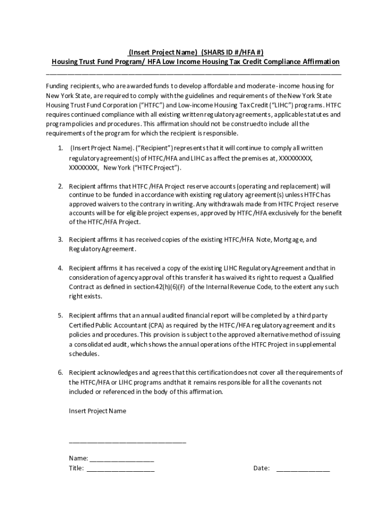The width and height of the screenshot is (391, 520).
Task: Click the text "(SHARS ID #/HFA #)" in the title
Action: [x=233, y=52]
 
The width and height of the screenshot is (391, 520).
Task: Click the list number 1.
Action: [x=60, y=148]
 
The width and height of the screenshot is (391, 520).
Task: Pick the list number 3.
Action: [x=60, y=239]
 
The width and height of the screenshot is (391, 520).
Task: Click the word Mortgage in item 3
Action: [x=287, y=239]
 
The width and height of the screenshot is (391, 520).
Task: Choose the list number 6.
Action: [x=60, y=372]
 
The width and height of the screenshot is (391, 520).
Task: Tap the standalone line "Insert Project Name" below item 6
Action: [x=97, y=411]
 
